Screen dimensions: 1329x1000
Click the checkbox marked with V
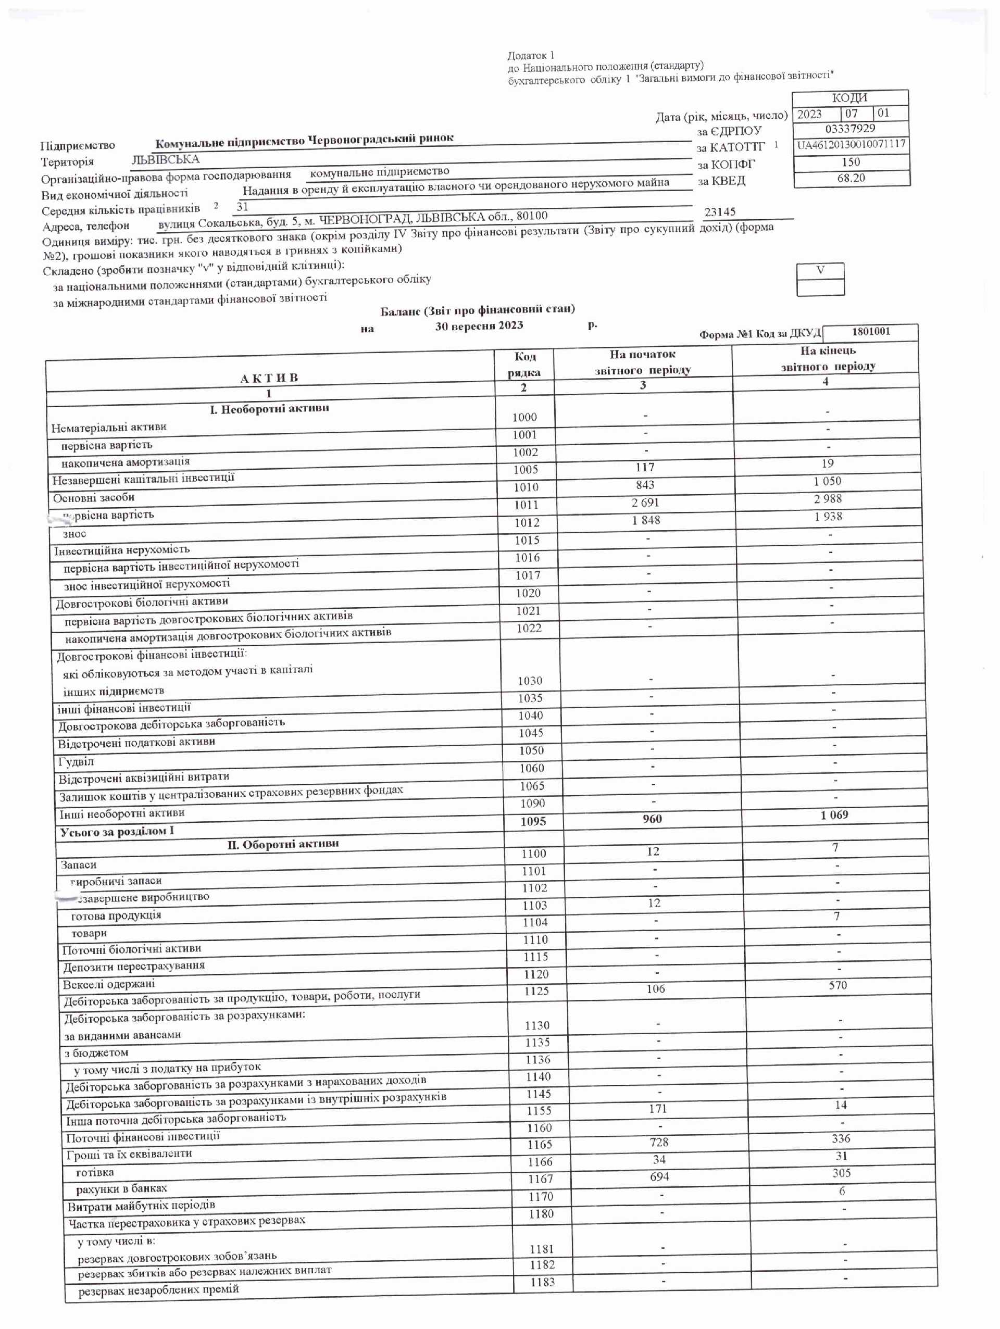click(820, 271)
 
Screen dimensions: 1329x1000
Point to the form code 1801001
click(871, 332)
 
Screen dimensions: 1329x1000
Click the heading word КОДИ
click(849, 98)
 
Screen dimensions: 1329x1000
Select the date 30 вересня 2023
click(479, 325)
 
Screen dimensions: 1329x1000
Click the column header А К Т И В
click(269, 378)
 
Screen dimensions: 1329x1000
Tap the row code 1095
click(533, 821)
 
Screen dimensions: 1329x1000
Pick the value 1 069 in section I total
click(834, 816)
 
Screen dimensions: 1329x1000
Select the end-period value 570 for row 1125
click(837, 985)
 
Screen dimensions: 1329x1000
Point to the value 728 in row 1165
click(659, 1142)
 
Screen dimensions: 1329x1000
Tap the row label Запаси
click(78, 865)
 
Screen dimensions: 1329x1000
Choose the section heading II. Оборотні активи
click(282, 844)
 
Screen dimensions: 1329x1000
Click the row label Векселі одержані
click(109, 984)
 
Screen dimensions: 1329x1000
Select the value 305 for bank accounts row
click(841, 1173)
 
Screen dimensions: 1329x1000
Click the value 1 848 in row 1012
click(645, 520)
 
